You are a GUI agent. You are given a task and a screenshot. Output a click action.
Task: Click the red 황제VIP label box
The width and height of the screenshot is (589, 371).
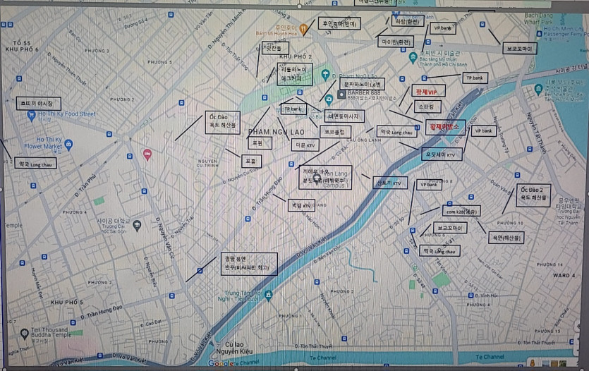pyautogui.click(x=428, y=91)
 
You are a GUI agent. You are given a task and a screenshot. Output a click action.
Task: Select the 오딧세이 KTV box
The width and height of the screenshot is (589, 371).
pyautogui.click(x=442, y=154)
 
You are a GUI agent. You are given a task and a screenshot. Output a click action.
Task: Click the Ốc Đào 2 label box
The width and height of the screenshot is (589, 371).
pyautogui.click(x=533, y=194)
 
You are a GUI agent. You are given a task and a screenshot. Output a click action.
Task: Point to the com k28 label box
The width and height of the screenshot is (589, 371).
pyautogui.click(x=461, y=211)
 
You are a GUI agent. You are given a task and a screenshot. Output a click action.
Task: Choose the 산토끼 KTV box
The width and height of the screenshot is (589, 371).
pyautogui.click(x=389, y=183)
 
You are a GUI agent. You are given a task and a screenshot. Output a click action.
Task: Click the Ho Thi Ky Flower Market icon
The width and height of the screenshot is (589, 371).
pyautogui.click(x=68, y=145)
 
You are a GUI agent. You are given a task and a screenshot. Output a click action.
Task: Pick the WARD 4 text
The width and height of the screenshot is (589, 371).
pyautogui.click(x=564, y=274)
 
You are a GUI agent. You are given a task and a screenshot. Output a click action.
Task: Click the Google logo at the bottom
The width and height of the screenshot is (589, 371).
pyautogui.click(x=221, y=363)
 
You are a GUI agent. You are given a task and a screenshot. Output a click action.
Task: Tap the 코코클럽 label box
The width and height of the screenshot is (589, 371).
pyautogui.click(x=334, y=131)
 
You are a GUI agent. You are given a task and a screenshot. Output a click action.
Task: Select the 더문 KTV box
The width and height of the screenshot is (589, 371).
pyautogui.click(x=305, y=145)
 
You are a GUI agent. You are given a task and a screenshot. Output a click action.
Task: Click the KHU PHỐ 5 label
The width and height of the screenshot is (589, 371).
pyautogui.click(x=67, y=302)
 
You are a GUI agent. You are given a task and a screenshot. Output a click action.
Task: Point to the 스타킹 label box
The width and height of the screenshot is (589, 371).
pyautogui.click(x=427, y=107)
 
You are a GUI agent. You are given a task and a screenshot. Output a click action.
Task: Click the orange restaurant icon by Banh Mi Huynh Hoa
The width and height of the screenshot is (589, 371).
pyautogui.click(x=303, y=29)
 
